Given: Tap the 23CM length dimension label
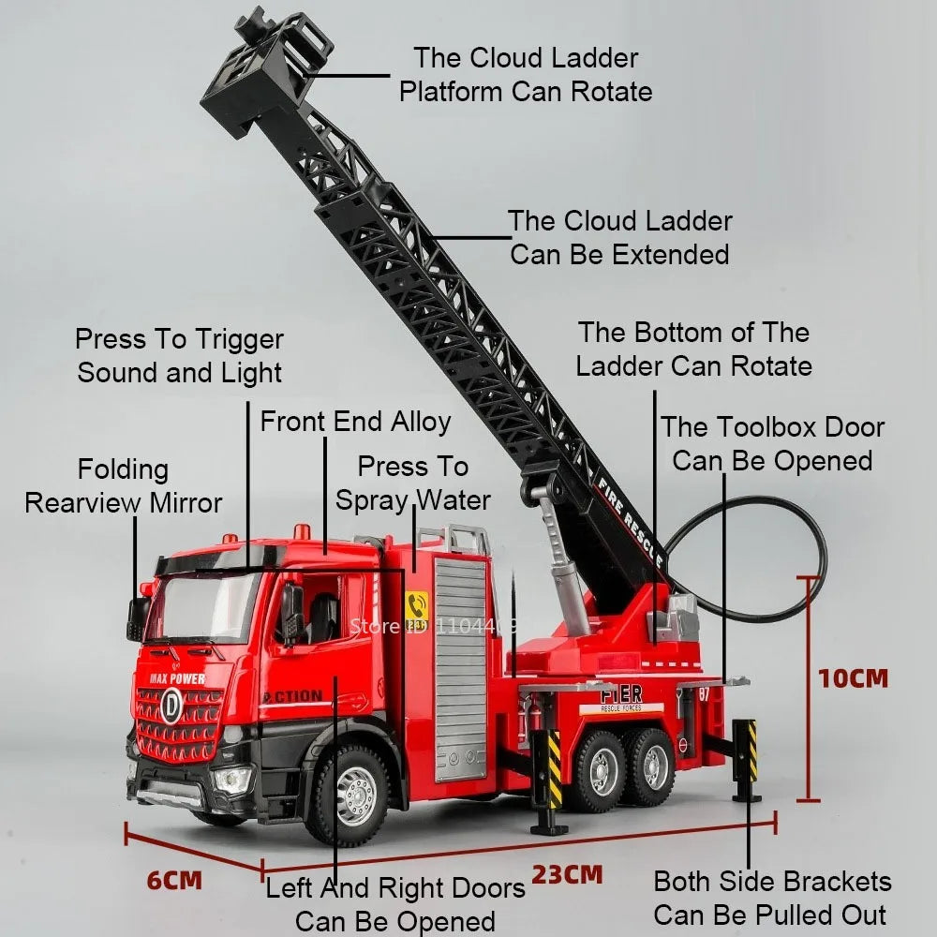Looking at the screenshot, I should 568,874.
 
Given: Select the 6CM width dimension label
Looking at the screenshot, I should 174,880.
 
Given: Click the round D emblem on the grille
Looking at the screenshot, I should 171,705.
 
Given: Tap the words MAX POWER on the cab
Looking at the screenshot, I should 177,678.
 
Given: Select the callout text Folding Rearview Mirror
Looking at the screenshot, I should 124,485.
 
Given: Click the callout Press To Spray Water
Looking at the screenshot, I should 413,483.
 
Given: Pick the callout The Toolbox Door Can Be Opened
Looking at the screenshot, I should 772,443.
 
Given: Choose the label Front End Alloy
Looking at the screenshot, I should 355,422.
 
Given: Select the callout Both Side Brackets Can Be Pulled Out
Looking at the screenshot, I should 772,898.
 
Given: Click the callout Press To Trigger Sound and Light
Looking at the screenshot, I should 179,355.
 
